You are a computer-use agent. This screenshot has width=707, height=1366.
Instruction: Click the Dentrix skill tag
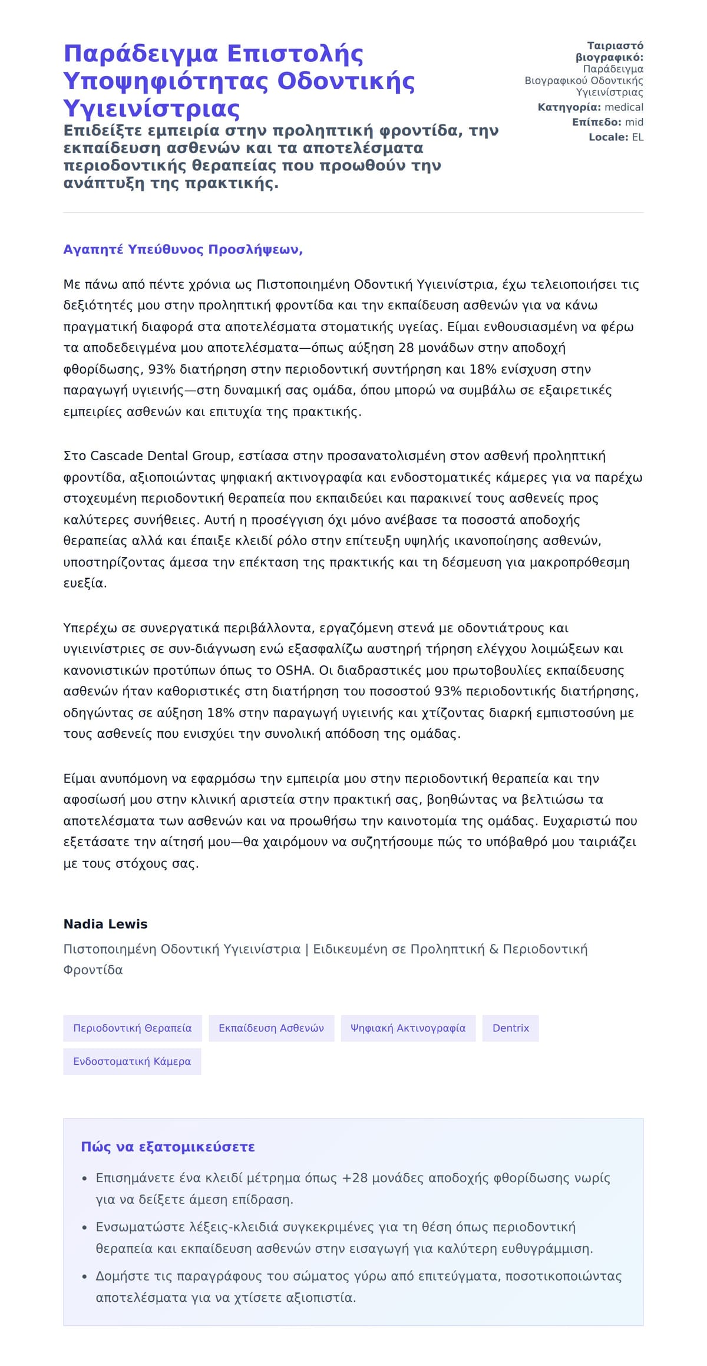(510, 1028)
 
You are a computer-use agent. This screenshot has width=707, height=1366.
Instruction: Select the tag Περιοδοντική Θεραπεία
(132, 1028)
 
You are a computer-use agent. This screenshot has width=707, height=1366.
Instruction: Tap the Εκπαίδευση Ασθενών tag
(271, 1028)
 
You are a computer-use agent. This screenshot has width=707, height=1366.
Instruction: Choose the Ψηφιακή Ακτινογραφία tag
(408, 1028)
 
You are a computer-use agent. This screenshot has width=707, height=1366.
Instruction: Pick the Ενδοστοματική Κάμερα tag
(132, 1061)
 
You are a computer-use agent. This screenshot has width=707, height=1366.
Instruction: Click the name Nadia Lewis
(105, 924)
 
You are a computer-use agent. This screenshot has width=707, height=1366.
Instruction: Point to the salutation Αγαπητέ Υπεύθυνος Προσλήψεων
(183, 249)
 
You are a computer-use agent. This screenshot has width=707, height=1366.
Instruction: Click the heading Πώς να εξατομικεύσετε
(168, 1147)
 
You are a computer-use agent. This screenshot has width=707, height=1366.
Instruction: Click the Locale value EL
(637, 137)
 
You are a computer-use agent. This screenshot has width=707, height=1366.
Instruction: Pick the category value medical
(624, 107)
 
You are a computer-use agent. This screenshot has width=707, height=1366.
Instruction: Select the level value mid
(634, 122)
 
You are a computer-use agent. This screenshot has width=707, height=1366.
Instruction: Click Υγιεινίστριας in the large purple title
(151, 109)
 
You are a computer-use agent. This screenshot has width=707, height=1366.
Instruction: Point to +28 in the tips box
(355, 1178)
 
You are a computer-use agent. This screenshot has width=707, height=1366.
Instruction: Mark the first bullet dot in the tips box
(85, 1179)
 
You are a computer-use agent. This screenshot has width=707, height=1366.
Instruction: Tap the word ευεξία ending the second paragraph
(84, 583)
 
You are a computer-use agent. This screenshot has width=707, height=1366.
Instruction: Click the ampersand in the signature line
(494, 949)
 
